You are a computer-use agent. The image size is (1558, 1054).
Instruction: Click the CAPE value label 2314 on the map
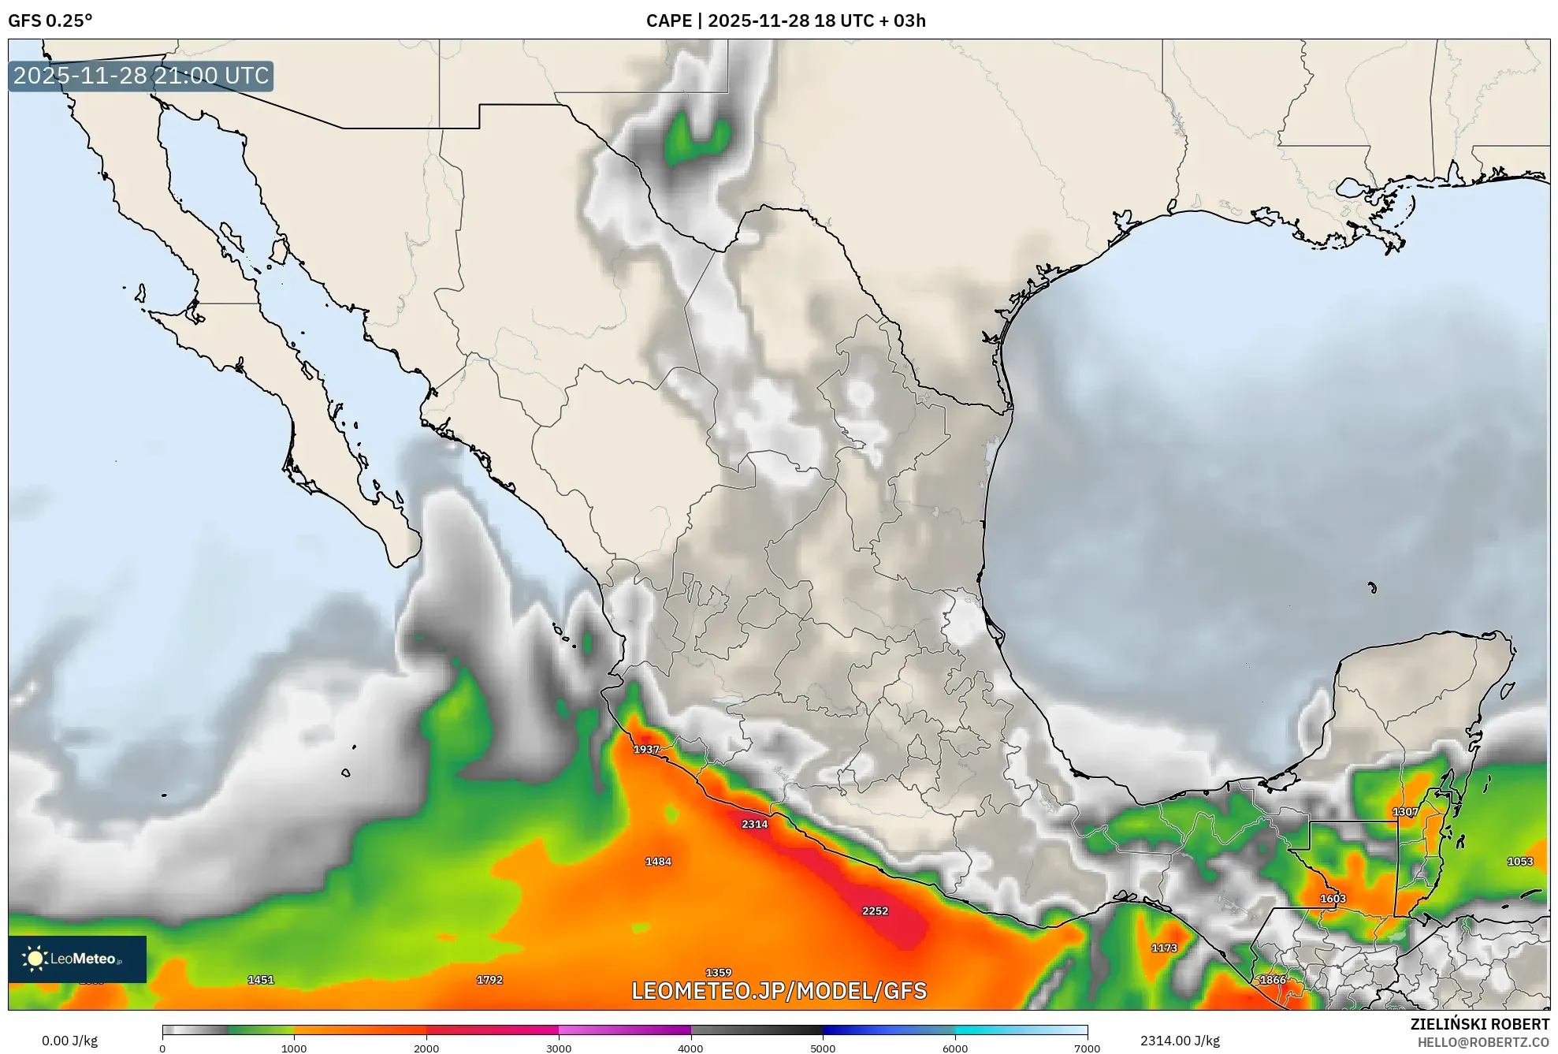(754, 824)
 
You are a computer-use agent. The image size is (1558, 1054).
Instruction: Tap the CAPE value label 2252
(875, 911)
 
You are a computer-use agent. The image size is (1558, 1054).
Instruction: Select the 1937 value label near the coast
(646, 749)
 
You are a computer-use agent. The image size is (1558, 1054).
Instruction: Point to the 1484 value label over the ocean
(658, 862)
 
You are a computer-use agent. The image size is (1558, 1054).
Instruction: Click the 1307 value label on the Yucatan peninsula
(1405, 811)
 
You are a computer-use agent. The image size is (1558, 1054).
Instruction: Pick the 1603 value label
(1333, 899)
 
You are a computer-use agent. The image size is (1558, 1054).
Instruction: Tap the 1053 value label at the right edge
(1520, 862)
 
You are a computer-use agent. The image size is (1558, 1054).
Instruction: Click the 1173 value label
(1164, 948)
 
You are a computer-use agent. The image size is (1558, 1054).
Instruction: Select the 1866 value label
(1273, 980)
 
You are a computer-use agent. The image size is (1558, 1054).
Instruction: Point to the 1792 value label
(489, 980)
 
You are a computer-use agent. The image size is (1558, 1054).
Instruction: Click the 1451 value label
(261, 980)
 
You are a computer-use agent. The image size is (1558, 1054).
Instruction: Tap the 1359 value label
(718, 973)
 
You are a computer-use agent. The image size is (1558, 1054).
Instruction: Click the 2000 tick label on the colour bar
(426, 1048)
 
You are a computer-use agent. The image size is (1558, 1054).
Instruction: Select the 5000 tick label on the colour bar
(823, 1048)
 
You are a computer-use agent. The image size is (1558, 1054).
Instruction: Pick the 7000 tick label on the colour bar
(1087, 1048)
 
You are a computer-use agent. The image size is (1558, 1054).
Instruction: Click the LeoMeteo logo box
(77, 959)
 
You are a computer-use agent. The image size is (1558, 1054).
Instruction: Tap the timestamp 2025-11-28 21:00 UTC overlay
(141, 76)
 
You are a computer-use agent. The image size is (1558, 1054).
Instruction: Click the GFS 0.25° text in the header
(50, 20)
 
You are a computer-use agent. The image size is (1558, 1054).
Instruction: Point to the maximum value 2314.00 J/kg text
(1180, 1041)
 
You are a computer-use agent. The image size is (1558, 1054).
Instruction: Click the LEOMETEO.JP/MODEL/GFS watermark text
(779, 991)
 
